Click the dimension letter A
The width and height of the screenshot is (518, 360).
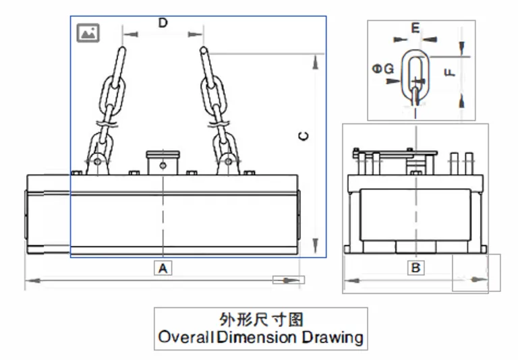coord(162,268)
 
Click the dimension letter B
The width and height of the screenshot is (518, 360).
coord(416,268)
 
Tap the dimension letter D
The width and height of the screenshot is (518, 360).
coord(163,23)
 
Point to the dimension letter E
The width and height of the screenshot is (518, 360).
coord(415,28)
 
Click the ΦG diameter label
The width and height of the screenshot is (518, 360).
coord(384,67)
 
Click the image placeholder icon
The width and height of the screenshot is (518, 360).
coord(88,32)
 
